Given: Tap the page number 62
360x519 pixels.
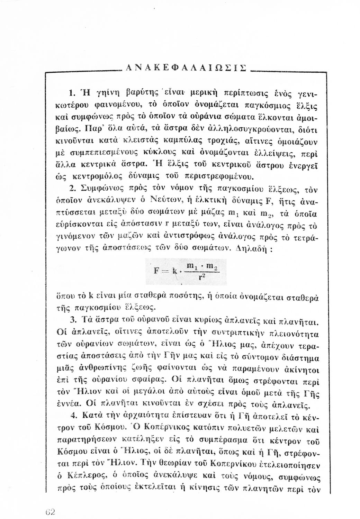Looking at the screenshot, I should coord(51,512).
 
